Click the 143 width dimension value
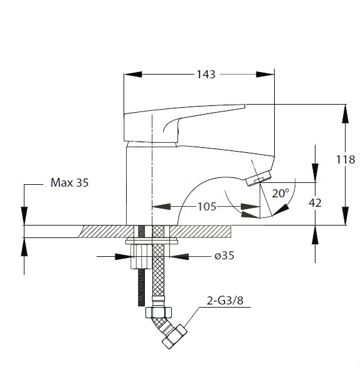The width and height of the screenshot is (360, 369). click(x=206, y=75)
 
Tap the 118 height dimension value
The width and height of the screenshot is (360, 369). click(x=346, y=160)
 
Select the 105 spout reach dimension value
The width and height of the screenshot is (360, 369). click(x=206, y=207)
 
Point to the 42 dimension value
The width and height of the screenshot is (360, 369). click(x=315, y=203)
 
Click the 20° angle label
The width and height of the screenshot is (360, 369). click(x=280, y=193)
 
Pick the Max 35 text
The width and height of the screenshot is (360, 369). click(x=70, y=182)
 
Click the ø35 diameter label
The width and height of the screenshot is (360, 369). click(x=225, y=256)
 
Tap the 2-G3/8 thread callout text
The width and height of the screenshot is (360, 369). click(x=225, y=301)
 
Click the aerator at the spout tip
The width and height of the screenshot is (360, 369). click(x=258, y=178)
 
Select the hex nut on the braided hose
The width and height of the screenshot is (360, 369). click(x=159, y=313)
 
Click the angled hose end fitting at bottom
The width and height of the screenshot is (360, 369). click(x=174, y=337)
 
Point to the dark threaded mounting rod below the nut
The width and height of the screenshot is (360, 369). click(x=141, y=288)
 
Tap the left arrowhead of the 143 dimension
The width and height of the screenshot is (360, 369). click(x=133, y=75)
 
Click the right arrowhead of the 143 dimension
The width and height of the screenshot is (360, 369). click(x=265, y=75)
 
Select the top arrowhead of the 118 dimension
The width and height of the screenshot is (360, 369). click(x=346, y=113)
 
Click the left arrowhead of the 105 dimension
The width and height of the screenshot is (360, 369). click(x=161, y=207)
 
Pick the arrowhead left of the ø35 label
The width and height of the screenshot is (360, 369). click(x=123, y=256)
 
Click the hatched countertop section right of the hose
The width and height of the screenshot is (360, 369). click(x=200, y=232)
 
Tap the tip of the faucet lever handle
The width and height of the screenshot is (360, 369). click(x=245, y=106)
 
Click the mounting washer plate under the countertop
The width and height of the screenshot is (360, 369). click(x=151, y=242)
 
